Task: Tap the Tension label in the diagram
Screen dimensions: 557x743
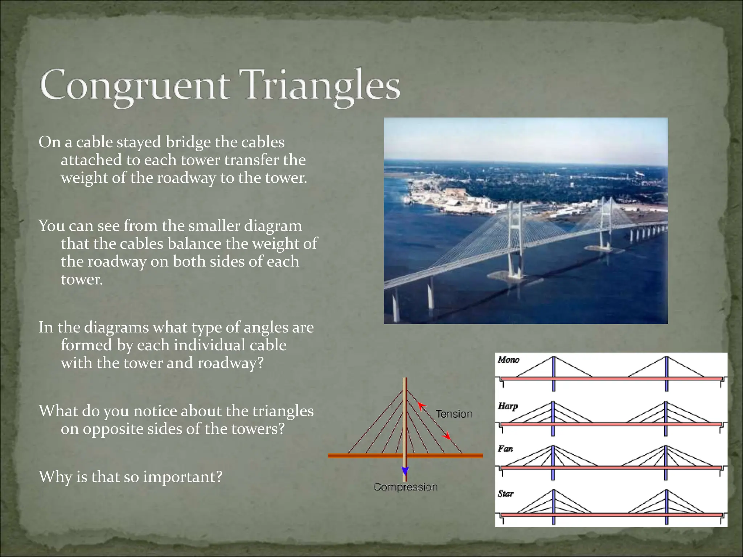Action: click(454, 414)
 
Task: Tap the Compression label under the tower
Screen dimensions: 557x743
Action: click(406, 487)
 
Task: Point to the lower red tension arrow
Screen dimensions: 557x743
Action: click(447, 436)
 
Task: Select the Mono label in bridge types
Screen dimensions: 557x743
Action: click(508, 360)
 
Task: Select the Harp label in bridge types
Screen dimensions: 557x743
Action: click(508, 406)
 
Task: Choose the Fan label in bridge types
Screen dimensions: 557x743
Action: click(505, 449)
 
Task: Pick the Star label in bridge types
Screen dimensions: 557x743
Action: click(505, 494)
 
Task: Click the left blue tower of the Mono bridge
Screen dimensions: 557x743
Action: click(553, 374)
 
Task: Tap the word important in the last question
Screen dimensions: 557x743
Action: click(182, 476)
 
